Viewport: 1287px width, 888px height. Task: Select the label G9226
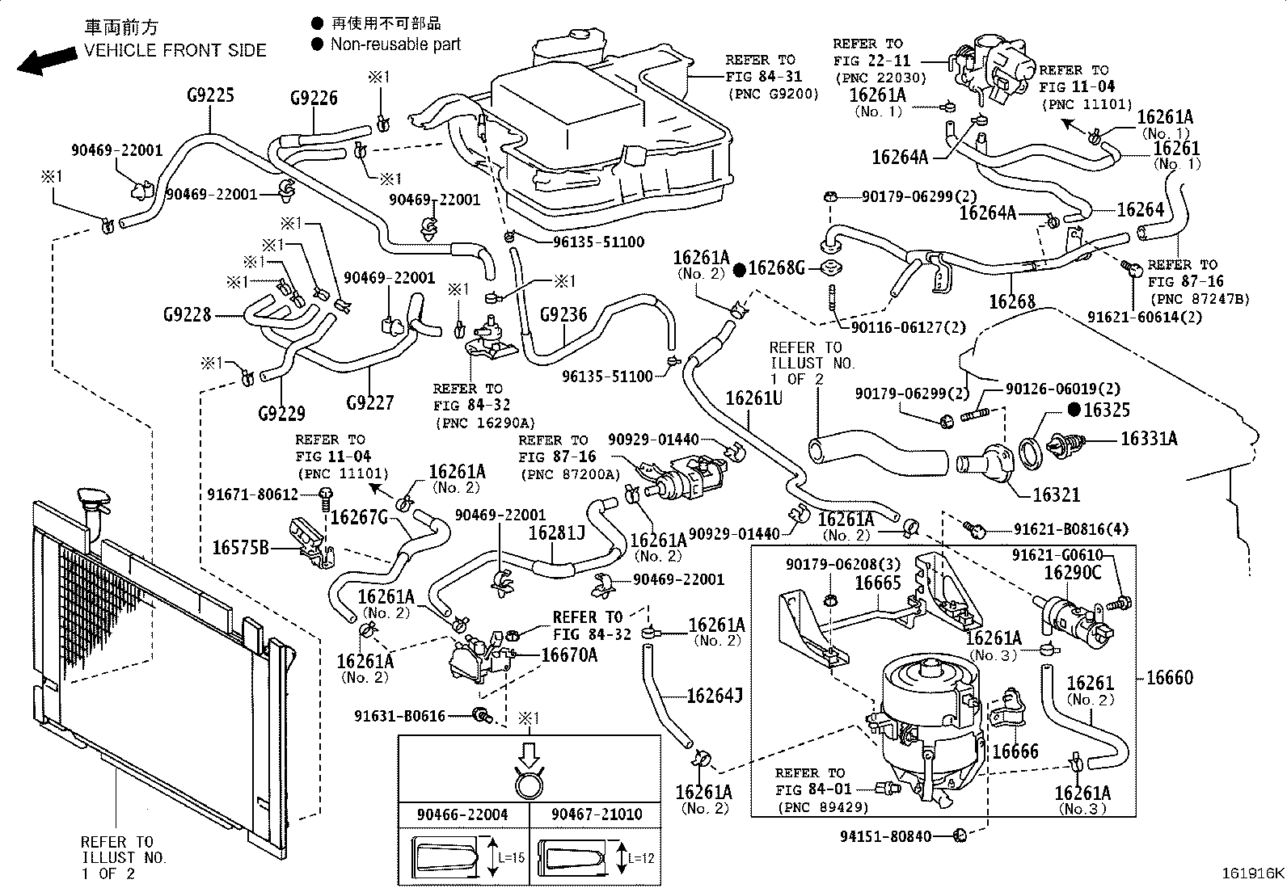[314, 99]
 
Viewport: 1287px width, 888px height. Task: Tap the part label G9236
[563, 314]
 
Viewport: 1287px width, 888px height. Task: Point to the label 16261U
[753, 398]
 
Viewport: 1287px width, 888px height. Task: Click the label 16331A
[1148, 439]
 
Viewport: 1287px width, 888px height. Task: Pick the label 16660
[1169, 677]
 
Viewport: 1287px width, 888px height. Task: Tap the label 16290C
[1072, 572]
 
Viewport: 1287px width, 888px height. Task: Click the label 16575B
[240, 548]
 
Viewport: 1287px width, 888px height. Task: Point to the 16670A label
[569, 654]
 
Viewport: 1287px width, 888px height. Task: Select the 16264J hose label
[715, 695]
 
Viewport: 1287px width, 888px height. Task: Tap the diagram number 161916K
[1252, 873]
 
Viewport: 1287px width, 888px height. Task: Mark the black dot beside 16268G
[739, 269]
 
